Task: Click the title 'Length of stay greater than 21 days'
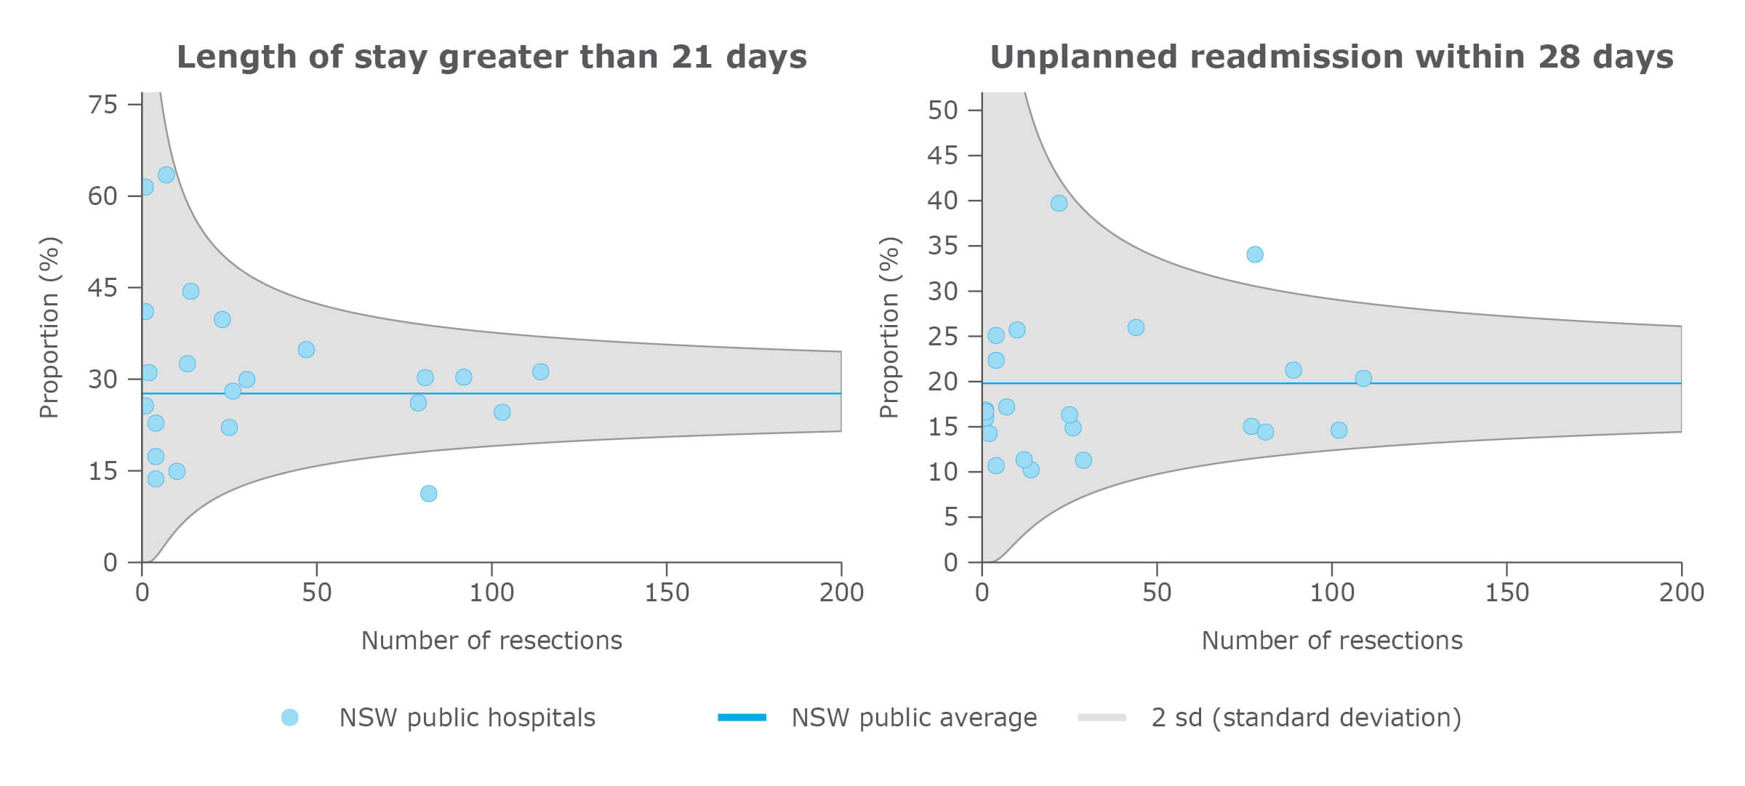[x=492, y=57]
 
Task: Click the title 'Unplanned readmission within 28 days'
[x=1331, y=57]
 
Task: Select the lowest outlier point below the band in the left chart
[x=428, y=494]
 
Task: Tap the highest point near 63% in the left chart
[x=166, y=175]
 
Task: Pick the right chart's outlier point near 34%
[x=1254, y=254]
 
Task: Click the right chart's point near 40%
[x=1059, y=203]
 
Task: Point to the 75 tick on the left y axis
[x=103, y=105]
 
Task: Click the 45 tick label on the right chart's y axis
[x=942, y=156]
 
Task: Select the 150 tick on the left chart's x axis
[x=667, y=593]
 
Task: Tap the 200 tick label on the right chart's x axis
[x=1681, y=593]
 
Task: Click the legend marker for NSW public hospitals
[x=289, y=718]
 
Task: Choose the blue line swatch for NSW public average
[x=742, y=718]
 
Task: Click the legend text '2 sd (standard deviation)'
[x=1306, y=718]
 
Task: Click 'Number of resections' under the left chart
[x=492, y=641]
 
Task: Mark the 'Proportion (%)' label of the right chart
[x=888, y=327]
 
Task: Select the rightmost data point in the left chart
[x=540, y=372]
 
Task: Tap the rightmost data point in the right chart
[x=1363, y=378]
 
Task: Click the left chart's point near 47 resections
[x=306, y=350]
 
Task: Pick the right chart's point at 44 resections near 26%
[x=1136, y=327]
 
